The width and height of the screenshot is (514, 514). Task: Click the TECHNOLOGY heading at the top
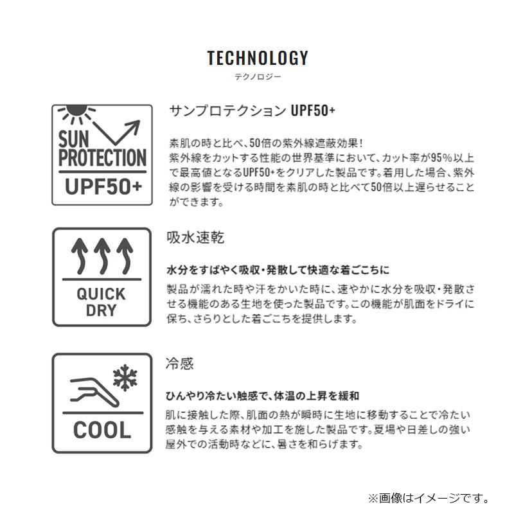258,58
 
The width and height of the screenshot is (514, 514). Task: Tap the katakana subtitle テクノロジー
258,77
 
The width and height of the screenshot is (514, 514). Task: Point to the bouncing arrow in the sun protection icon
117,132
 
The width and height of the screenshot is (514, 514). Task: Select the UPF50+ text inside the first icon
103,187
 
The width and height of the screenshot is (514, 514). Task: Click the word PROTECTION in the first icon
102,158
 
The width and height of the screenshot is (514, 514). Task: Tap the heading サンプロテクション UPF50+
252,111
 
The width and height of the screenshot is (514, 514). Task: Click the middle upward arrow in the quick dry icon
102,256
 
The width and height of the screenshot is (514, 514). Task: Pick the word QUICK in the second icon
102,294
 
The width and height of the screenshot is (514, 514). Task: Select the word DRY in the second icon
102,310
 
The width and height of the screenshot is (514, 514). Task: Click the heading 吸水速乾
195,237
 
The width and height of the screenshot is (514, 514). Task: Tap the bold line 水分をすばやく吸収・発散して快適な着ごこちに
278,270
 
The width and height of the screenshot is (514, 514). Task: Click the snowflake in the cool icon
125,378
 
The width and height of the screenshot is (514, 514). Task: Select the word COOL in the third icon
102,430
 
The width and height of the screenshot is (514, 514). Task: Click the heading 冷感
180,364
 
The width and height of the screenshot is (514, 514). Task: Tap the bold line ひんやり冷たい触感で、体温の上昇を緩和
262,396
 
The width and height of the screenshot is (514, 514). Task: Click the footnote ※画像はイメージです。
429,499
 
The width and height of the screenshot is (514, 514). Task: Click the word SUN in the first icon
74,139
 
